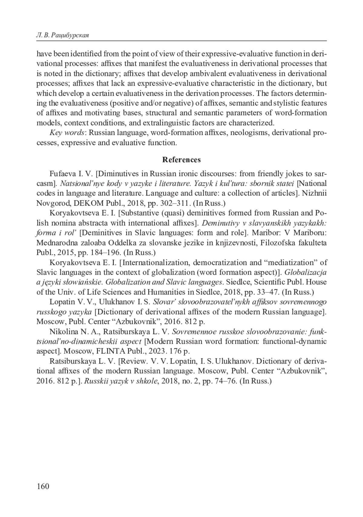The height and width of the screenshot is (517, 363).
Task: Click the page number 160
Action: tap(43, 486)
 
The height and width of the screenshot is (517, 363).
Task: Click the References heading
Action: tap(181, 159)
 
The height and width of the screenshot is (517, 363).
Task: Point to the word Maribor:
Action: tap(267, 233)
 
